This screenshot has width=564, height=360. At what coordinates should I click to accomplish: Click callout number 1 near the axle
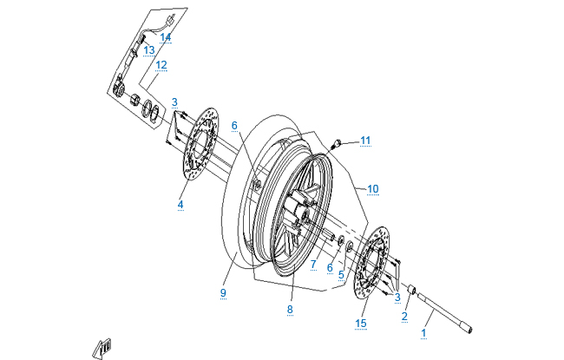click(x=424, y=332)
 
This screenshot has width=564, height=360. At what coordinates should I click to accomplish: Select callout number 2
click(x=404, y=317)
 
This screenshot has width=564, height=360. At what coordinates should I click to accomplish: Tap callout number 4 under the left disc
click(x=181, y=205)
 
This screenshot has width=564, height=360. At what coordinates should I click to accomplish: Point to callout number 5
click(x=341, y=275)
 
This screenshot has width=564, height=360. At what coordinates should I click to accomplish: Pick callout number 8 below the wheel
click(x=291, y=309)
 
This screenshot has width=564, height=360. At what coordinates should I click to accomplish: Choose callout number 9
click(x=223, y=293)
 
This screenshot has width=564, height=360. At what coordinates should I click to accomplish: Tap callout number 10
click(x=374, y=188)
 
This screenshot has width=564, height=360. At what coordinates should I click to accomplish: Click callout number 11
click(x=366, y=140)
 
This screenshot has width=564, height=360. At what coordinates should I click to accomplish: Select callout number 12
click(x=161, y=64)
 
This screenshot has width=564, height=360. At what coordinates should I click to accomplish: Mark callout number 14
click(x=166, y=37)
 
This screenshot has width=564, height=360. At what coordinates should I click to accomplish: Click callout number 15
click(x=361, y=324)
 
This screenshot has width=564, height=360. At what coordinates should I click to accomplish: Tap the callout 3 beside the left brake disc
click(x=174, y=102)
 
